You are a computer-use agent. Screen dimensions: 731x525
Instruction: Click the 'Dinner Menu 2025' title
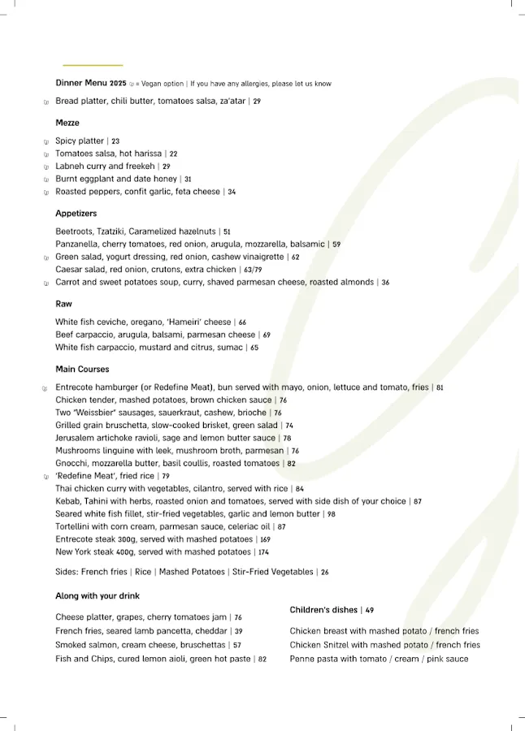[x=91, y=83]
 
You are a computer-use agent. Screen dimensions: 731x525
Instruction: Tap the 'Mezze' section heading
[x=67, y=123]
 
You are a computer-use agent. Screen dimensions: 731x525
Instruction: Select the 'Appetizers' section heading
[x=76, y=214]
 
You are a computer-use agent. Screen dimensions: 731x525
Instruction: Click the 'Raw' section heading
[x=63, y=304]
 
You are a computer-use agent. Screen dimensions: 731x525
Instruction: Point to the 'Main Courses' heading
[x=82, y=370]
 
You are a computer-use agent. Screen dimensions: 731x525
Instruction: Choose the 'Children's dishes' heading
[x=323, y=610]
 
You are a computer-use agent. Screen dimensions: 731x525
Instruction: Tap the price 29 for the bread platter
[x=257, y=102]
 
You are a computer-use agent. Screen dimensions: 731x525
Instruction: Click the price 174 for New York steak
[x=264, y=552]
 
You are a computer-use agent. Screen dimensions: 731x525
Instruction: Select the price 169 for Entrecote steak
[x=265, y=539]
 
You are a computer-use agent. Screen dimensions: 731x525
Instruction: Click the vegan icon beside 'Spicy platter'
[x=46, y=141]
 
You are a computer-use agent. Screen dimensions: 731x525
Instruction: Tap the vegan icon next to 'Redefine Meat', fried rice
[x=46, y=477]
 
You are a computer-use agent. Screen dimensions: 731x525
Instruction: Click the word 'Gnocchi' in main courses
[x=71, y=464]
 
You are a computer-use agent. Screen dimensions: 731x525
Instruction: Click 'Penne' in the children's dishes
[x=302, y=659]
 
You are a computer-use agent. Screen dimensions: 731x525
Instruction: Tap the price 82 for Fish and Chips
[x=262, y=660]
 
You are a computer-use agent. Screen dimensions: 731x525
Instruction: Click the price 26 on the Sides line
[x=324, y=573]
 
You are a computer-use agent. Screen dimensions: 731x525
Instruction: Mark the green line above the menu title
[x=93, y=65]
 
